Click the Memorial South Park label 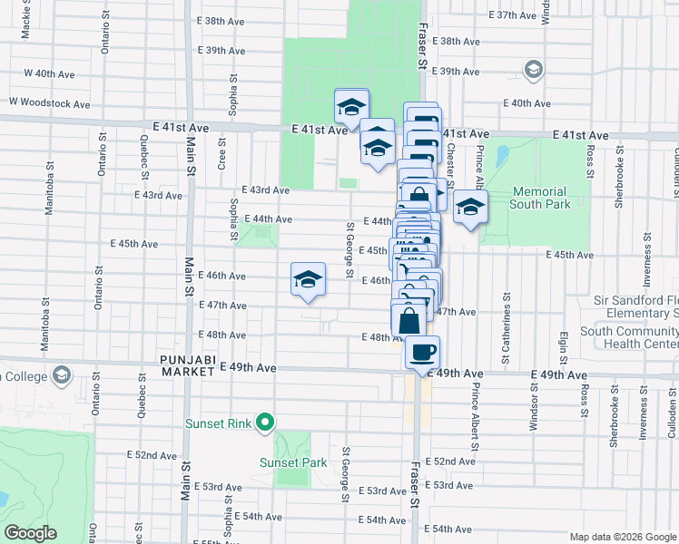541,198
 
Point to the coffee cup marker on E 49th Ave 420,350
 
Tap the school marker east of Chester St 469,208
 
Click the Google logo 31,533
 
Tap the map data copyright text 623,537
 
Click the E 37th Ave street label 514,15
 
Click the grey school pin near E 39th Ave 533,70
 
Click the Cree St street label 221,153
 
